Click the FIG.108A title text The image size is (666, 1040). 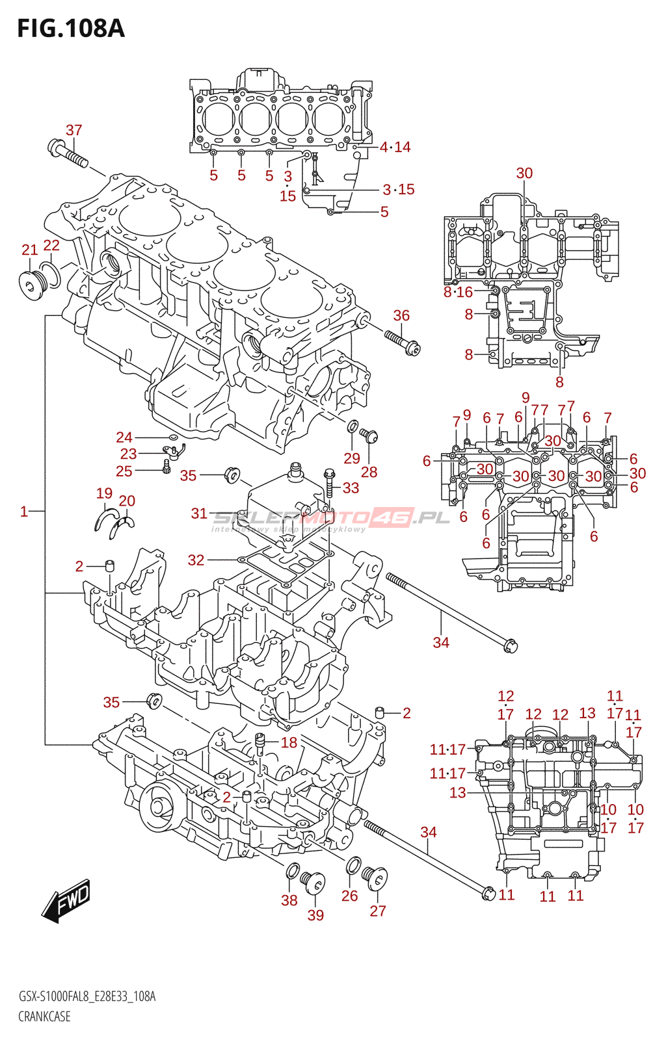pyautogui.click(x=70, y=29)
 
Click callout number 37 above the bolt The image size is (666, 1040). pyautogui.click(x=74, y=130)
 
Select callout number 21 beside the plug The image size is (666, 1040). pyautogui.click(x=30, y=250)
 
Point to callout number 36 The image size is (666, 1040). pyautogui.click(x=401, y=315)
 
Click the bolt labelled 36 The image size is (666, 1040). pyautogui.click(x=403, y=342)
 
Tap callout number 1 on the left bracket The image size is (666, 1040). pyautogui.click(x=24, y=512)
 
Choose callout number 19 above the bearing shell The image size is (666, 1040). pyautogui.click(x=104, y=493)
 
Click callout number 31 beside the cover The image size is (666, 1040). pyautogui.click(x=199, y=513)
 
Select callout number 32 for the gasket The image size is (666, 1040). pyautogui.click(x=196, y=560)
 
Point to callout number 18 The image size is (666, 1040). pyautogui.click(x=289, y=742)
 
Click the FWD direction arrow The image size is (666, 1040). pyautogui.click(x=66, y=901)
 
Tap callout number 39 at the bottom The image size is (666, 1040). pyautogui.click(x=315, y=915)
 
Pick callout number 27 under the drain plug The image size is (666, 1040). pyautogui.click(x=378, y=911)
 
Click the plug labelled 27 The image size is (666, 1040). pyautogui.click(x=376, y=878)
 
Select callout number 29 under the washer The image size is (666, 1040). pyautogui.click(x=352, y=458)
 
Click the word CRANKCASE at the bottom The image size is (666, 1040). pyautogui.click(x=44, y=1016)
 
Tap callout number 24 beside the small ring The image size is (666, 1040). pyautogui.click(x=124, y=437)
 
